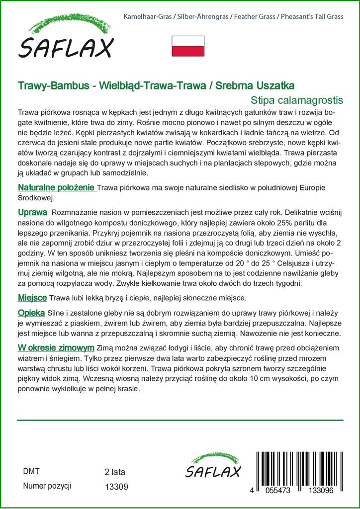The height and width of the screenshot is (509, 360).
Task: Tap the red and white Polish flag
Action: tap(188, 46)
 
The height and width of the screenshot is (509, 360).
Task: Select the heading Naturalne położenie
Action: tap(56, 187)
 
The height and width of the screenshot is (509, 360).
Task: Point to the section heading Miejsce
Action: tap(32, 297)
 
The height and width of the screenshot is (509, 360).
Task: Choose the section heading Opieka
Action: tap(31, 313)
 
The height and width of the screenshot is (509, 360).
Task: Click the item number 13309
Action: tap(117, 488)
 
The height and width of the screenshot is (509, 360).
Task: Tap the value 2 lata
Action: tap(115, 472)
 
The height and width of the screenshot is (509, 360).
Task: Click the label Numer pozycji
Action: tap(47, 486)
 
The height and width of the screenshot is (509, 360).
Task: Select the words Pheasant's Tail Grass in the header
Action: tap(312, 17)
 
